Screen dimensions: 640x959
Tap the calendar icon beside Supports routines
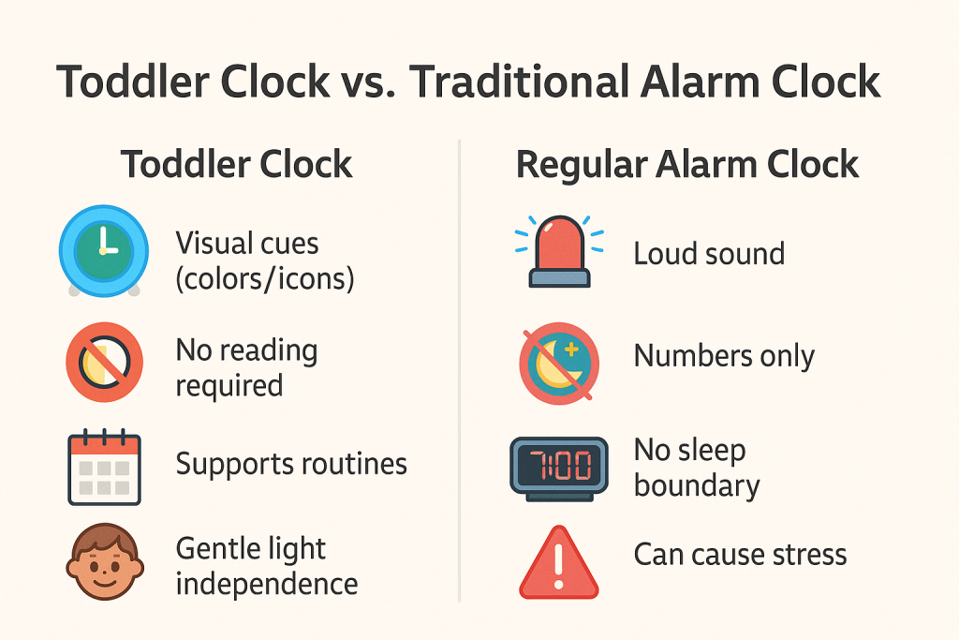point(103,466)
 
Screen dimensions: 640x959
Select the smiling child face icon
point(103,562)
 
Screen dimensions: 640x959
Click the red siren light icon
point(558,250)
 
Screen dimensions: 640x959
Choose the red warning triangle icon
point(558,563)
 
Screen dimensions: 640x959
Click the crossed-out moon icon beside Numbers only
point(558,362)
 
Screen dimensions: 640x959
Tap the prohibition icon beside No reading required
point(103,362)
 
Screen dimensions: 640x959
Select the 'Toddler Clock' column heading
point(237,165)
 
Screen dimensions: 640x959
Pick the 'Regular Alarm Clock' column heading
point(687,165)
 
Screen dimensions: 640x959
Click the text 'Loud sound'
point(709,253)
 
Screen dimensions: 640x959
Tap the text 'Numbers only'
point(724,356)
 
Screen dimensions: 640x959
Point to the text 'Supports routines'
point(291,464)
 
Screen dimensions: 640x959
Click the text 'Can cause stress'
point(740,555)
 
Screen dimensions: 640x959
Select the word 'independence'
point(267,584)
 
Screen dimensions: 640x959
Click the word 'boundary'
point(697,485)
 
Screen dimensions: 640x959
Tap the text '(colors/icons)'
point(265,278)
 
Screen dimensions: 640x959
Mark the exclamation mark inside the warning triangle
point(558,568)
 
